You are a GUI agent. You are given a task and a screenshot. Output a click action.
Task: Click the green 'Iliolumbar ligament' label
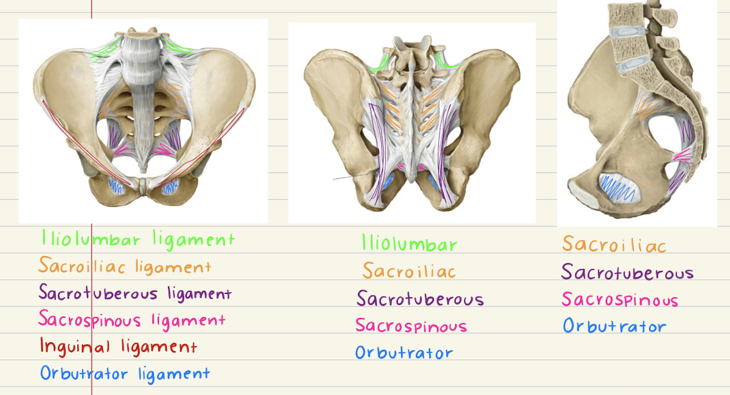tap(138, 240)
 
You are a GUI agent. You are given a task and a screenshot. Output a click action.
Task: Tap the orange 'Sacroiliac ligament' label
tap(124, 266)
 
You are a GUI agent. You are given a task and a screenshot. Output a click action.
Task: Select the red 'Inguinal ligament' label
tap(118, 346)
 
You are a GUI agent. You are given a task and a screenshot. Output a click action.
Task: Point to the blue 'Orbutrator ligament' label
tap(125, 373)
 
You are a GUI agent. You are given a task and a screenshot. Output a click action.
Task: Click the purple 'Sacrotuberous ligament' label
tap(135, 293)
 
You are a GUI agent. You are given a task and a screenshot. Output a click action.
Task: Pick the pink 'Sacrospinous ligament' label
tap(131, 319)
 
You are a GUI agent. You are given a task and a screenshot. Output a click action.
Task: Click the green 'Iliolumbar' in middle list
tap(409, 244)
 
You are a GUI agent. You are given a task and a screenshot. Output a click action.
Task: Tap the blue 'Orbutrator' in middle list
tap(404, 353)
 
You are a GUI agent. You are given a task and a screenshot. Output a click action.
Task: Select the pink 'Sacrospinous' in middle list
tap(411, 326)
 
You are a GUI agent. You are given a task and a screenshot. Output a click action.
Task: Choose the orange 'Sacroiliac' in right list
tap(613, 244)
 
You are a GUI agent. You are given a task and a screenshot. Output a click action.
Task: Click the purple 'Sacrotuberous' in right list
tap(627, 272)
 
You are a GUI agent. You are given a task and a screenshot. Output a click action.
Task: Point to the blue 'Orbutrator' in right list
tap(614, 326)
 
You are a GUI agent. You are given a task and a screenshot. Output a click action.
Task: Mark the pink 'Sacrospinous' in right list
tap(619, 300)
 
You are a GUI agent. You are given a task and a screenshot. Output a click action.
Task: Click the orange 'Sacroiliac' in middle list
tap(409, 271)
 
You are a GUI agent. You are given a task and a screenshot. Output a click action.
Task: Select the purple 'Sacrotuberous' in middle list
tap(420, 299)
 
